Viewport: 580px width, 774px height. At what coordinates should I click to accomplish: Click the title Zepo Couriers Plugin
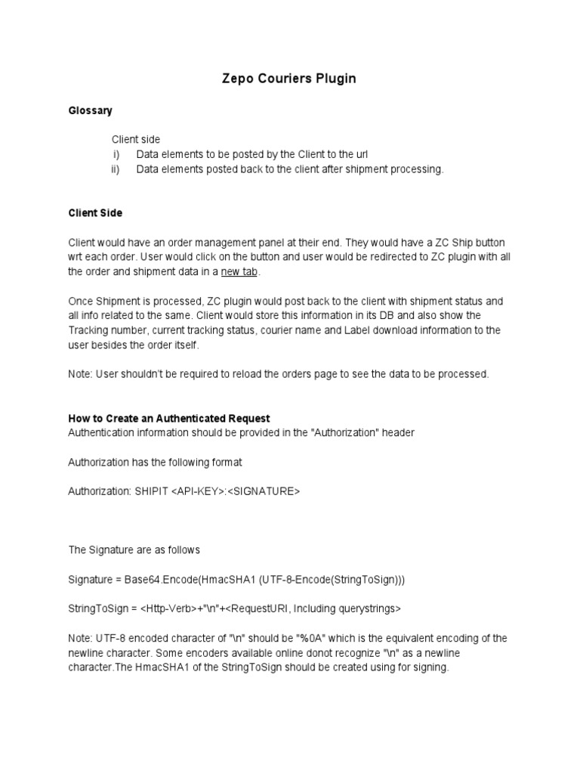click(x=289, y=79)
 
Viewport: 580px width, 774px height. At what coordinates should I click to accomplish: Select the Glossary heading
click(x=90, y=110)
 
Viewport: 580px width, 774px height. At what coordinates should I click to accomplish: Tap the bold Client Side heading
click(x=95, y=213)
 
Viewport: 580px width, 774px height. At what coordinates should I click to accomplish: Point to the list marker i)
click(x=117, y=154)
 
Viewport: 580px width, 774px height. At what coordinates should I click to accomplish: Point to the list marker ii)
click(x=116, y=169)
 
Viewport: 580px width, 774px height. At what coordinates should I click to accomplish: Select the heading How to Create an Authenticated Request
click(x=169, y=418)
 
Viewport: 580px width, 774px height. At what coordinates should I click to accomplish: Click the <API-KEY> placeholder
click(x=199, y=491)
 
